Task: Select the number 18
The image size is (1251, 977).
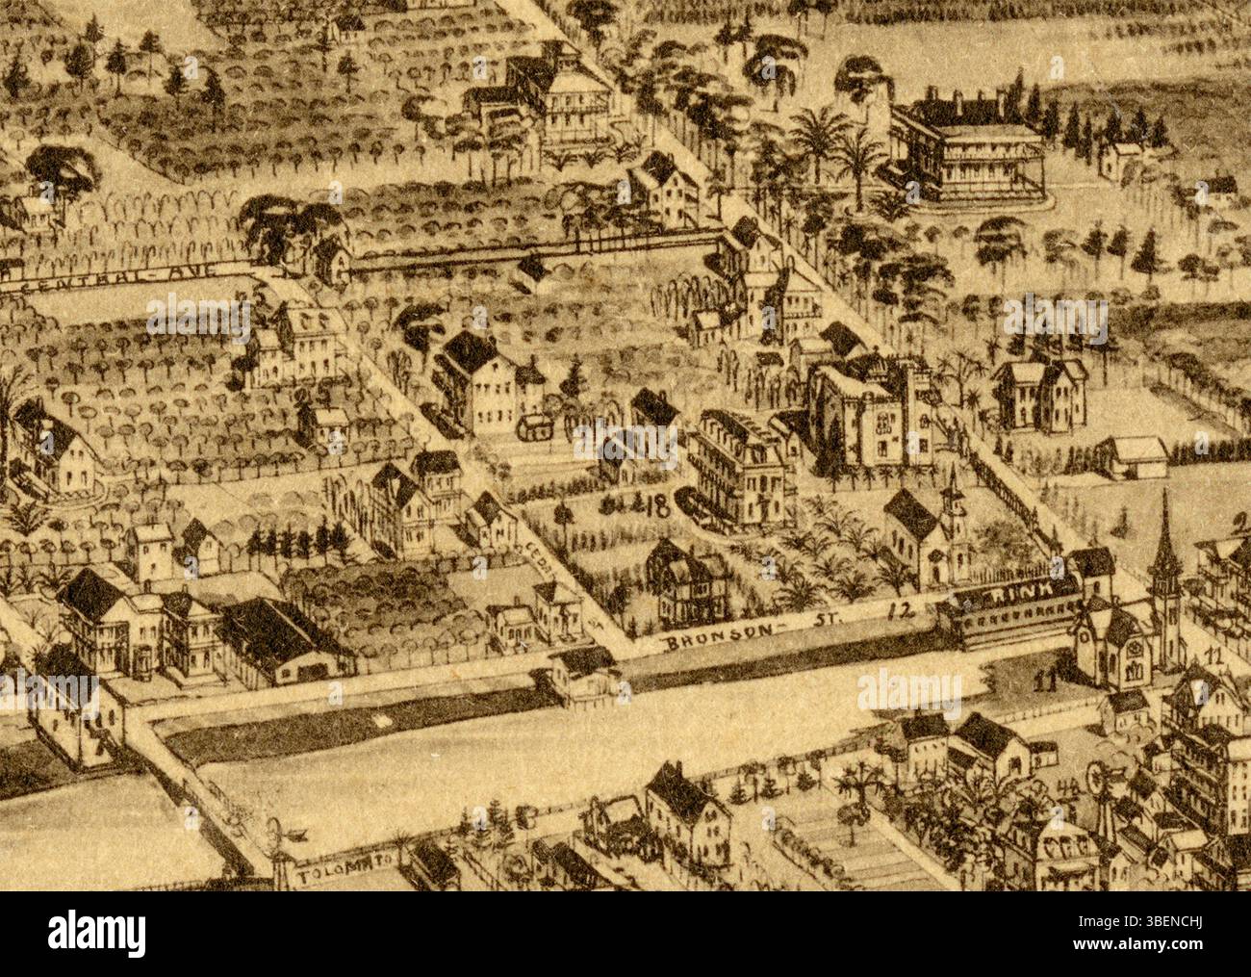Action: pyautogui.click(x=657, y=508)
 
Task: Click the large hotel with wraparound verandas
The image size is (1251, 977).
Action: pyautogui.click(x=972, y=149)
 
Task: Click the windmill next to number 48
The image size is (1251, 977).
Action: pyautogui.click(x=1101, y=784)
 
